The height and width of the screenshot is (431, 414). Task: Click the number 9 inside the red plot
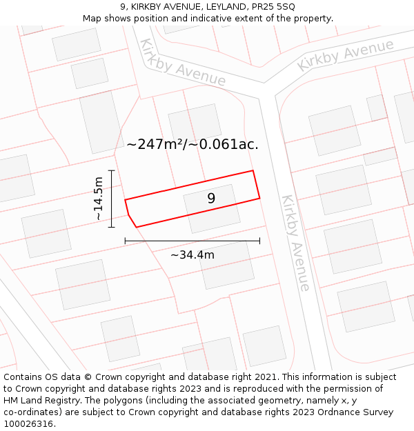(211, 199)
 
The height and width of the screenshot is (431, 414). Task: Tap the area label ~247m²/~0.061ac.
(193, 145)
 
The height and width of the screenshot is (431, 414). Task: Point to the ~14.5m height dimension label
(98, 198)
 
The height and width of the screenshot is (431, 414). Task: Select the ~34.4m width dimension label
(192, 255)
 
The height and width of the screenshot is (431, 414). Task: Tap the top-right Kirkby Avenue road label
(345, 55)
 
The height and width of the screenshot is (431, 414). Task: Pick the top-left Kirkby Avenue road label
(182, 63)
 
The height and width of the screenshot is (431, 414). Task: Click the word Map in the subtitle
(92, 19)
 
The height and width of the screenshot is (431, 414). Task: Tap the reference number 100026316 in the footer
(29, 424)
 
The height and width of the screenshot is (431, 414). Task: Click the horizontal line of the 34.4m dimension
(192, 241)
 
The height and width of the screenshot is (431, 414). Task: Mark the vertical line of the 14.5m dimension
(110, 198)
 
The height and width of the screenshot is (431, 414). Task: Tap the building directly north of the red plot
(195, 123)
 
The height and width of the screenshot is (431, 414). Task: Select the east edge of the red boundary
(256, 185)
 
